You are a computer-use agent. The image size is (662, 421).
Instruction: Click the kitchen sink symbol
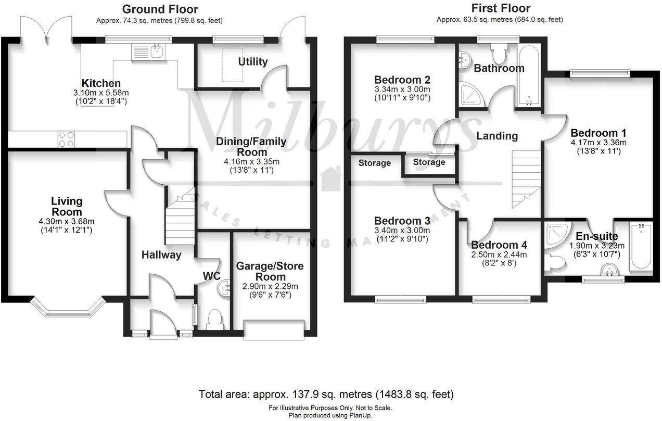pyautogui.click(x=148, y=52)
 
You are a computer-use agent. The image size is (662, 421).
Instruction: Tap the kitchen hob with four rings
pyautogui.click(x=67, y=139)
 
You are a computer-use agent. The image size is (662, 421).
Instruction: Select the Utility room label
pyautogui.click(x=253, y=62)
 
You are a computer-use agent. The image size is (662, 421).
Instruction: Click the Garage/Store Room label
pyautogui.click(x=270, y=271)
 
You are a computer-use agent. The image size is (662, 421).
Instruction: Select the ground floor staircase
pyautogui.click(x=180, y=219)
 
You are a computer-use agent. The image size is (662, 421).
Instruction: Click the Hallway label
pyautogui.click(x=161, y=254)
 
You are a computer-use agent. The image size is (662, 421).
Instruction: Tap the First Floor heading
pyautogui.click(x=501, y=8)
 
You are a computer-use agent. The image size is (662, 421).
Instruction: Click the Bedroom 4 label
pyautogui.click(x=499, y=245)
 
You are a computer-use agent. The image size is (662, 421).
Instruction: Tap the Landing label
pyautogui.click(x=497, y=136)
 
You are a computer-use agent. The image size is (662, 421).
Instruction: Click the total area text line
pyautogui.click(x=326, y=394)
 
